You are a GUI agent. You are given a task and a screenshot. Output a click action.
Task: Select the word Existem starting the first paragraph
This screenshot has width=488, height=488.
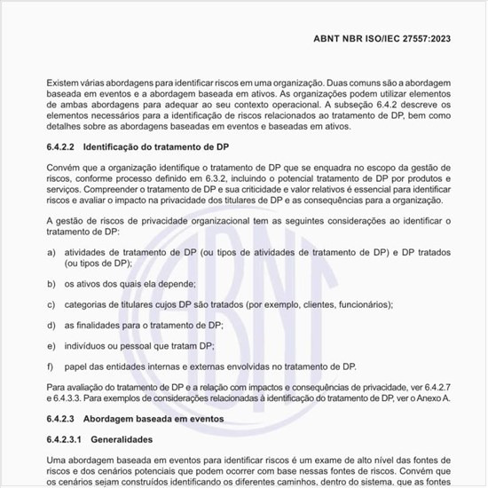(63, 83)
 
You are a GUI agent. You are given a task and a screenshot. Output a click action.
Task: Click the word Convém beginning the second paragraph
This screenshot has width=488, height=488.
(63, 165)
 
